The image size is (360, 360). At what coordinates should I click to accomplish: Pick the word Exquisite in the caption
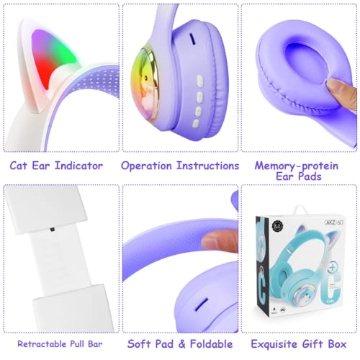coord(276,343)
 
